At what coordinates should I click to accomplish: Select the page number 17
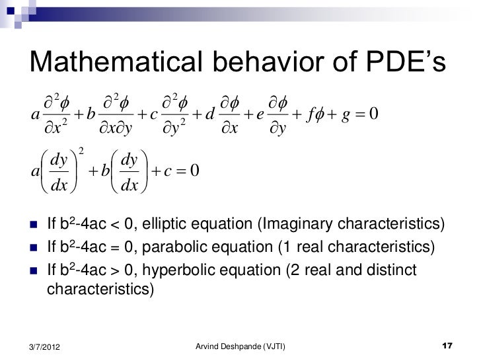point(447,346)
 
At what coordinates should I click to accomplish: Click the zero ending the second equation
point(193,171)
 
